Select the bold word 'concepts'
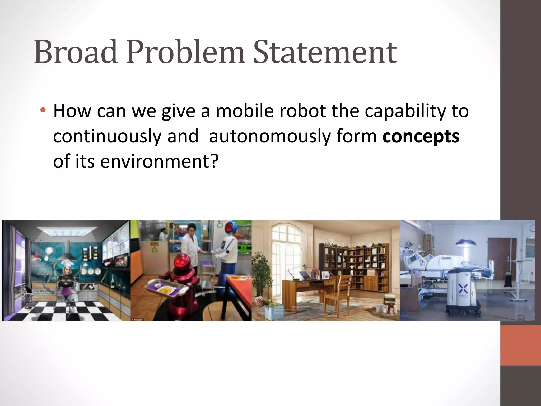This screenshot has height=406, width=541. click(421, 136)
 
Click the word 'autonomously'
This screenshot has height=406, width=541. click(270, 136)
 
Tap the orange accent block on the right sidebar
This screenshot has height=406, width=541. click(521, 345)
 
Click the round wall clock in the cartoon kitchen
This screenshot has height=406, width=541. click(49, 250)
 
